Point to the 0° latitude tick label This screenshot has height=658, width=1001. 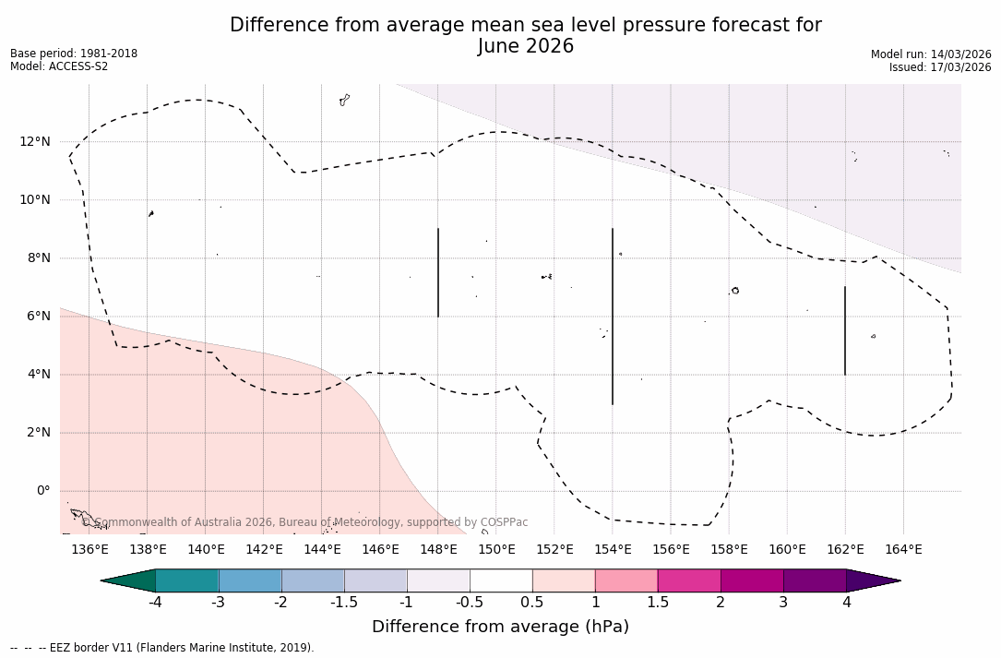pos(42,491)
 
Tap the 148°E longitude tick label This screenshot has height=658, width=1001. pos(438,550)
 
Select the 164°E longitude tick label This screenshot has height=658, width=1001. pos(903,550)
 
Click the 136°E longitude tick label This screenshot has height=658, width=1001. pos(89,550)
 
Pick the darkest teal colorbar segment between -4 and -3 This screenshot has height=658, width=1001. pos(187,580)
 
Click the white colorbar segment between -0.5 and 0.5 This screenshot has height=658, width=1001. pos(501,580)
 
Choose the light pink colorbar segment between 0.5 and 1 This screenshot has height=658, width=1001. pos(564,580)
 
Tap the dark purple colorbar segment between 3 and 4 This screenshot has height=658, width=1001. pos(815,580)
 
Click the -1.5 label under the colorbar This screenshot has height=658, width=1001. pos(344,603)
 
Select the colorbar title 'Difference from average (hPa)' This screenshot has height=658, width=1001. pos(500,627)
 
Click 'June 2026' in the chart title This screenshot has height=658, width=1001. pos(526,46)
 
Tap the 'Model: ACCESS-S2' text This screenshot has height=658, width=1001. pos(59,66)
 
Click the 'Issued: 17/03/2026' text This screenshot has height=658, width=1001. pos(940,67)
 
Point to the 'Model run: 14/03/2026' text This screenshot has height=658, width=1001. pos(931,54)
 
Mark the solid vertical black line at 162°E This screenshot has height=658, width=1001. pos(845,330)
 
